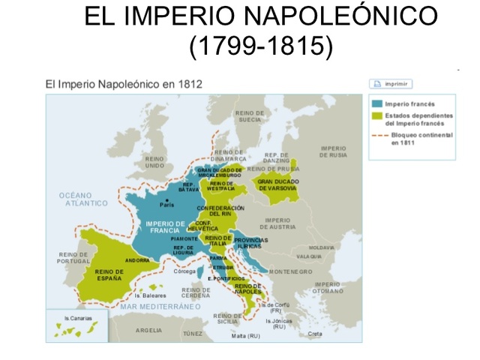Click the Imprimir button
pos(391,84)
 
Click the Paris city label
pos(166,204)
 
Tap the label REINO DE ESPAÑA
pos(109,275)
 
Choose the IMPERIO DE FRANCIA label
pos(165,227)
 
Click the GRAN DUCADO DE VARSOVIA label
pos(278,184)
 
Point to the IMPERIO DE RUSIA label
pos(334,151)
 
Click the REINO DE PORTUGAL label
pos(73,257)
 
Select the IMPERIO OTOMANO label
pos(328,287)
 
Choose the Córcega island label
pos(184,272)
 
